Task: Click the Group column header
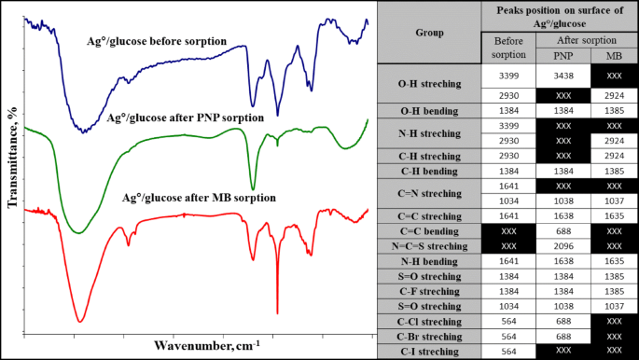(429, 32)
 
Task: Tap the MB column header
(613, 55)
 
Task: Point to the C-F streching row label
(429, 292)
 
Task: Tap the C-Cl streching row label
(429, 322)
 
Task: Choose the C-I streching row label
(429, 351)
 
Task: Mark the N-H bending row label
(429, 262)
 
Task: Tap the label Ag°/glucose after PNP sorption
(186, 118)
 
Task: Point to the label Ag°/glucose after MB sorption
(200, 198)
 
